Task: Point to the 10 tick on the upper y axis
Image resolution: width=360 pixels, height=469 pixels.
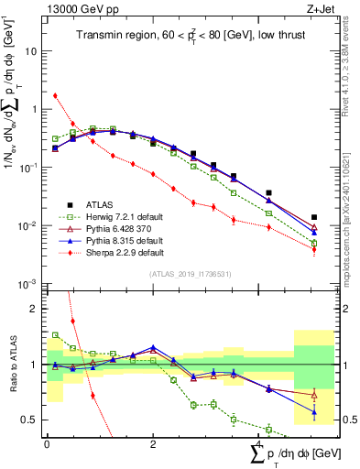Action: (32, 51)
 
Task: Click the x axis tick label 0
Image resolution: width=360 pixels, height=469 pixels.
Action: (47, 442)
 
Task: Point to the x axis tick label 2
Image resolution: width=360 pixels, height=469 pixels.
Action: (152, 442)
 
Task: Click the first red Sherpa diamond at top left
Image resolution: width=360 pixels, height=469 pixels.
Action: (55, 95)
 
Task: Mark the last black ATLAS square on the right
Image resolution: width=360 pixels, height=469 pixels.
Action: (314, 218)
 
